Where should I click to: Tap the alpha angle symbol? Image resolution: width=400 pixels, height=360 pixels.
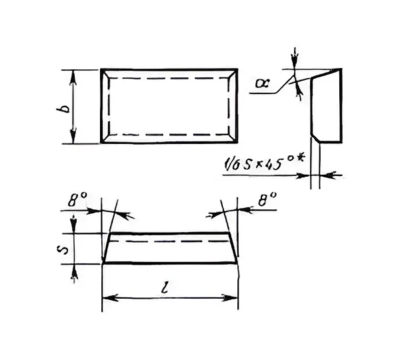263,83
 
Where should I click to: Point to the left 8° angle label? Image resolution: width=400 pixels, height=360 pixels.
77,199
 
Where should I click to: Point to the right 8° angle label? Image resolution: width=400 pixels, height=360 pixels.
267,199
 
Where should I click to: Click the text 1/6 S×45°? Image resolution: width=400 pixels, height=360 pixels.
260,163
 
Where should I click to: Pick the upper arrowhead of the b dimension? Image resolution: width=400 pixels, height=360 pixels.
73,77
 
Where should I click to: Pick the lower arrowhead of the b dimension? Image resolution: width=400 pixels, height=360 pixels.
73,137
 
